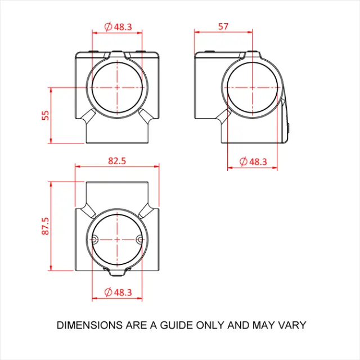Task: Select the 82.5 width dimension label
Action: [x=117, y=161]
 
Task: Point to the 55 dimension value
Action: [x=46, y=115]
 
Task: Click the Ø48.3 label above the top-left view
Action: [x=118, y=26]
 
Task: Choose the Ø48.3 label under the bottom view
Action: [x=118, y=292]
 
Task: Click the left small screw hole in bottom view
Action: [x=94, y=239]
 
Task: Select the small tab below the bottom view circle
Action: [x=117, y=274]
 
